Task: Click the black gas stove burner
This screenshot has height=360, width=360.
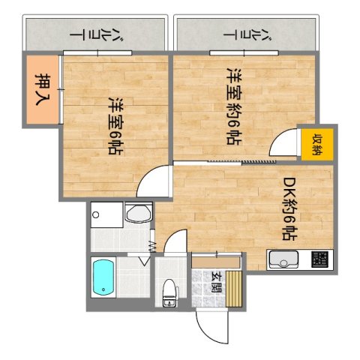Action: [319, 261]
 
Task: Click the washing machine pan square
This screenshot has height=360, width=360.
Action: [105, 215]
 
